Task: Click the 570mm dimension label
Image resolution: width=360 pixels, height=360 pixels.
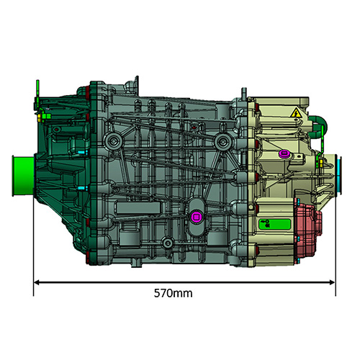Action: pos(173,294)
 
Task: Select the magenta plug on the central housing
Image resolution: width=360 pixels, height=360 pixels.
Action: pos(195,215)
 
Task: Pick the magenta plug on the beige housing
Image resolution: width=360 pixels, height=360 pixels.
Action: pos(283,153)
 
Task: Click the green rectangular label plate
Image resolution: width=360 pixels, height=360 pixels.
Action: pos(275,222)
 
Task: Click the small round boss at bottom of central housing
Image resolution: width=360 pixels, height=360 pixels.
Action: pos(166,242)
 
